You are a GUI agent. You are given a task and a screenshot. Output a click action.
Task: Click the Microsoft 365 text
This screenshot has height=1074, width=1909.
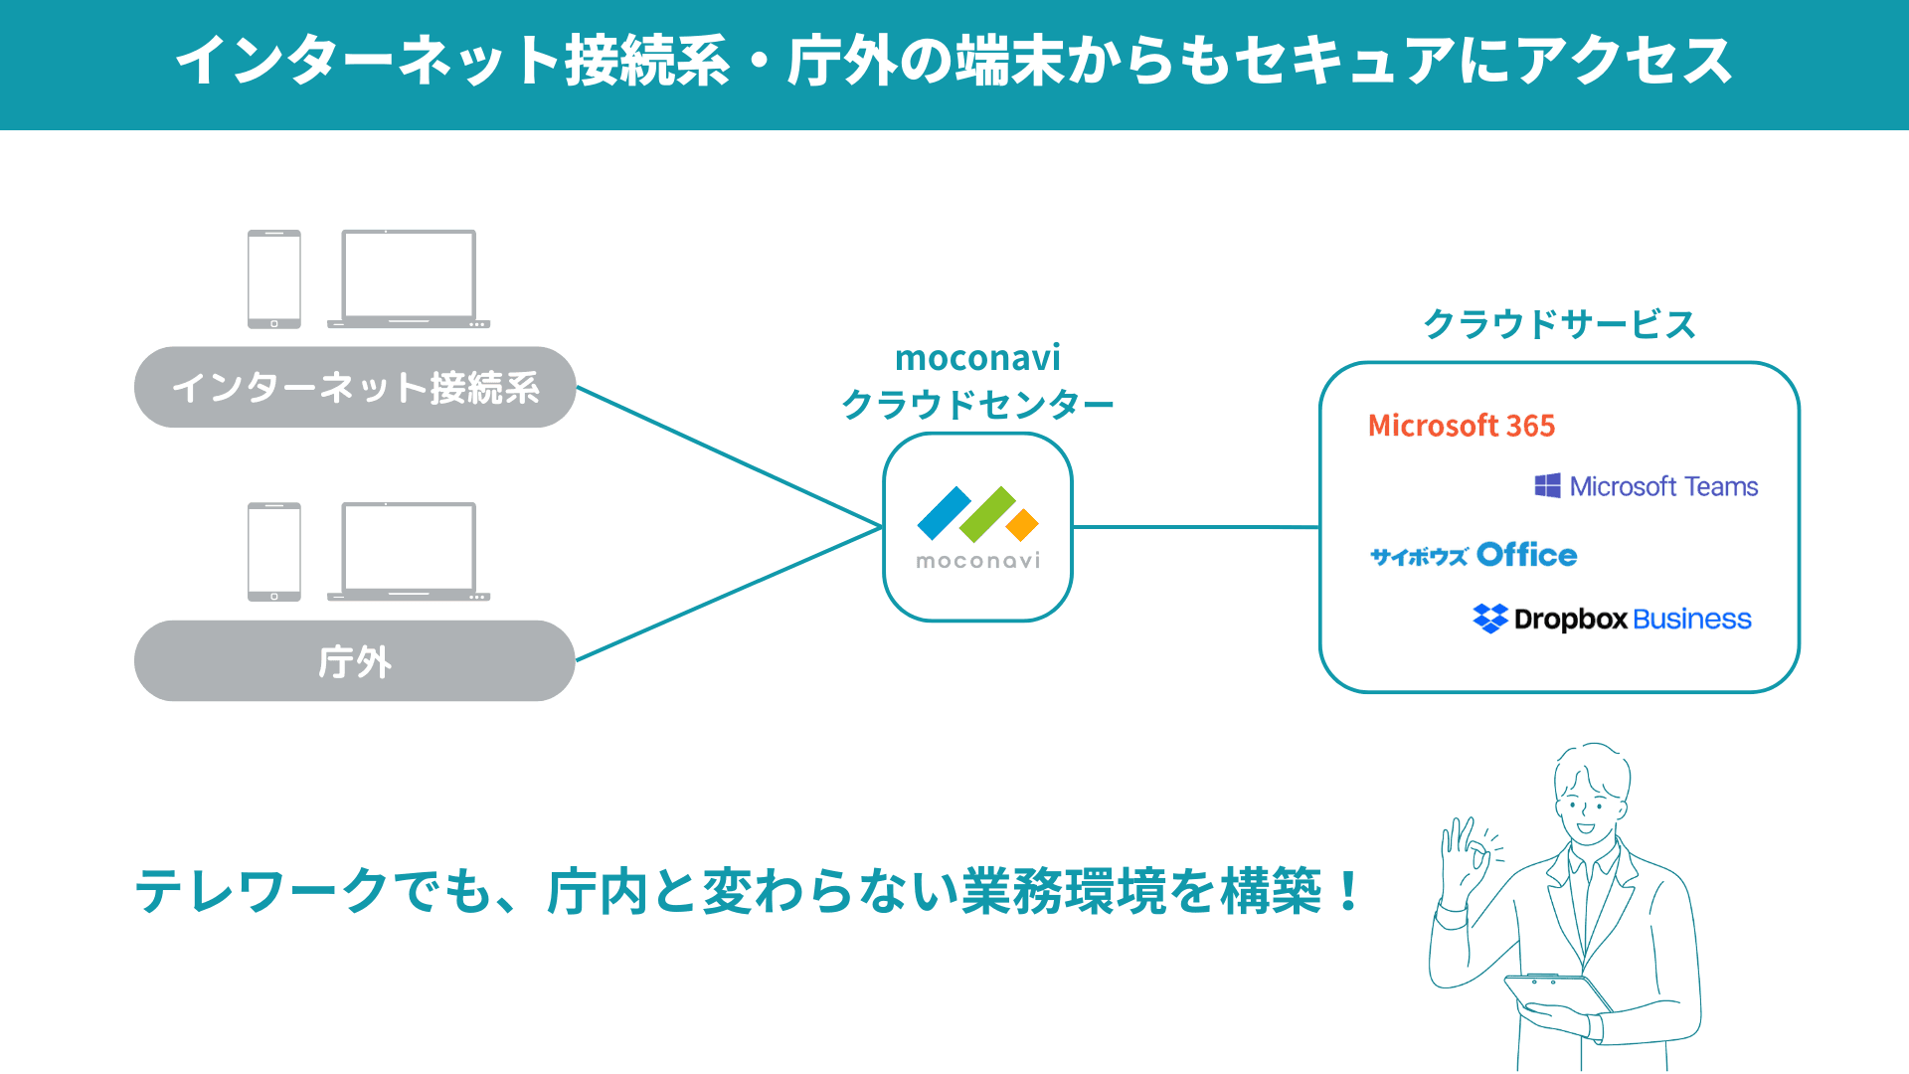[1461, 426]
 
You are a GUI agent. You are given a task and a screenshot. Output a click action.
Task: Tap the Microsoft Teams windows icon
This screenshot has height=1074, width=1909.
[1547, 485]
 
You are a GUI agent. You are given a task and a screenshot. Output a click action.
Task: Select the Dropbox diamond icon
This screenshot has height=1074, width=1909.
[1489, 619]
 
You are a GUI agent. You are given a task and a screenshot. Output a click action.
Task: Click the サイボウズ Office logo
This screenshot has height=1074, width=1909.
[1474, 555]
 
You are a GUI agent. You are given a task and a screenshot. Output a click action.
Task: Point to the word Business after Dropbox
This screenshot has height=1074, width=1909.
[1691, 619]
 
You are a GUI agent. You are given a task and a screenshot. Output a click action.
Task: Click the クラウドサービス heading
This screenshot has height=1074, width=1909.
[1558, 324]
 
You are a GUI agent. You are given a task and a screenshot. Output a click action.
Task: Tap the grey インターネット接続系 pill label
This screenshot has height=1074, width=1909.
[355, 387]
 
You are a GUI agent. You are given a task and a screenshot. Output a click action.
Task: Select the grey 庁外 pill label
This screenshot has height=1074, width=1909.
[355, 661]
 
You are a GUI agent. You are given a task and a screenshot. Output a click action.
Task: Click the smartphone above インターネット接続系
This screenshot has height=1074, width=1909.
[274, 279]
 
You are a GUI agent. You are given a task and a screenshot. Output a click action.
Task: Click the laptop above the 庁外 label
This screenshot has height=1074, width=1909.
[409, 552]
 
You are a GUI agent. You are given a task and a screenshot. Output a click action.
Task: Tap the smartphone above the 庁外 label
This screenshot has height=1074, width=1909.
[274, 552]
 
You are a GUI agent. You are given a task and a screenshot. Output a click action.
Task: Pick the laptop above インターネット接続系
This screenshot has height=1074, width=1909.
[409, 279]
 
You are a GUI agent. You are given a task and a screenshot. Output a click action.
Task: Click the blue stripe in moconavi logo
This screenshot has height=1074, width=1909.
[943, 512]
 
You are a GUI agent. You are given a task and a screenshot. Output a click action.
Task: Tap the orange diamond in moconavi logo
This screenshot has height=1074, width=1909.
[1022, 524]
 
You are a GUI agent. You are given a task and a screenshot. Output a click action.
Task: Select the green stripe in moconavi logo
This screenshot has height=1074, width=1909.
[987, 514]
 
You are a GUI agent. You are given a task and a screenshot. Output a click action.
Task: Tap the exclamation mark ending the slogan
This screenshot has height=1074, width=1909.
[1348, 890]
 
